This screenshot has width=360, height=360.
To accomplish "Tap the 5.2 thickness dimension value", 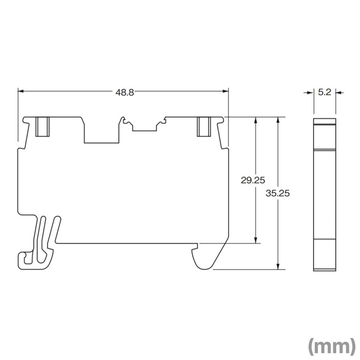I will (x=324, y=92).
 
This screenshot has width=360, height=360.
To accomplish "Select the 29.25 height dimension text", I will (x=253, y=180).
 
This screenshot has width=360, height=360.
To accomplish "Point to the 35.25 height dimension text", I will (x=278, y=193).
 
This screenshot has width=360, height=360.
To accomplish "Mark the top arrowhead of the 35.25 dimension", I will (x=278, y=120).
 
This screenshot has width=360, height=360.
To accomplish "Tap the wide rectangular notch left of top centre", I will (x=102, y=132).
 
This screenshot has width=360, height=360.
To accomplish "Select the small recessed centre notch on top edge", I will (x=144, y=127).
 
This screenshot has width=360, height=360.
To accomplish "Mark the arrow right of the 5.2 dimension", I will (x=338, y=92).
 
